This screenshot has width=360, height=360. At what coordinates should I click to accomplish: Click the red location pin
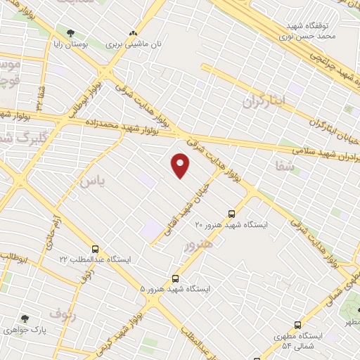181,165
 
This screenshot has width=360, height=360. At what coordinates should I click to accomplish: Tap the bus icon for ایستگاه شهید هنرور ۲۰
231,214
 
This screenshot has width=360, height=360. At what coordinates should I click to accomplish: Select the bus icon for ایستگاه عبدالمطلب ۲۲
95,250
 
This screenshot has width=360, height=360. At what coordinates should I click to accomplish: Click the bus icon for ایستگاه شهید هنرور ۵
175,278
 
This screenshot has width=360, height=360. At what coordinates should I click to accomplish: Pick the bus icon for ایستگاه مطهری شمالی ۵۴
298,326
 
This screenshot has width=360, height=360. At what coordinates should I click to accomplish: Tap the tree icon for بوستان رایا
70,33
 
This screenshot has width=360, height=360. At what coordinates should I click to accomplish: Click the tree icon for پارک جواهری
25,319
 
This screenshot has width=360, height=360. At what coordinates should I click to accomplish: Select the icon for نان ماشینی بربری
133,33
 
